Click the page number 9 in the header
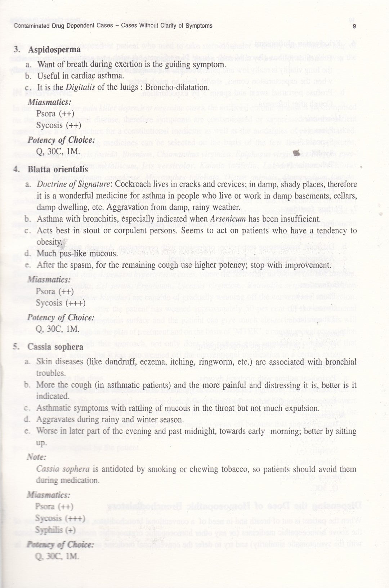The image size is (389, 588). pyautogui.click(x=354, y=26)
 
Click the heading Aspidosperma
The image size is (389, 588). pyautogui.click(x=47, y=50)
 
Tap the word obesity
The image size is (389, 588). pyautogui.click(x=48, y=242)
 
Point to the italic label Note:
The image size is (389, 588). pyautogui.click(x=36, y=457)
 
